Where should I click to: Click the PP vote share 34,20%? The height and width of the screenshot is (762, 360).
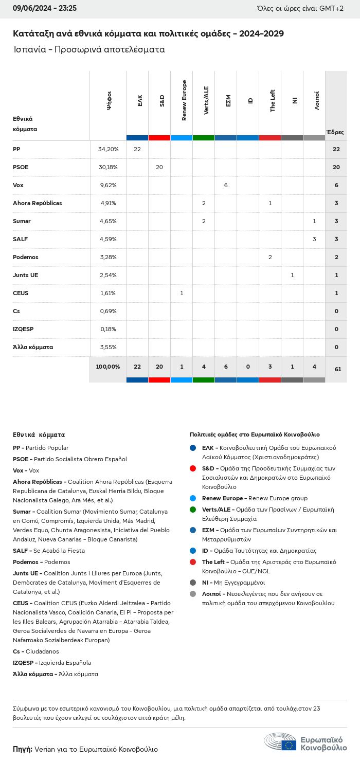(108, 149)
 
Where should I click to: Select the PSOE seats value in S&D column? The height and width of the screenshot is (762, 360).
(159, 167)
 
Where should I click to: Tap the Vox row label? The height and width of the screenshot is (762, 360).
(18, 185)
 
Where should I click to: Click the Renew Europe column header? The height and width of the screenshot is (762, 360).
(184, 101)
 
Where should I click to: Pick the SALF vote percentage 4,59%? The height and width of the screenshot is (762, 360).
(108, 239)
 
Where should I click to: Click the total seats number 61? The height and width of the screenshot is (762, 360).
(337, 369)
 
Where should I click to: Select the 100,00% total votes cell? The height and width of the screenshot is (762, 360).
(108, 367)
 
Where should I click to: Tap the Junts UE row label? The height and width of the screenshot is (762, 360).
(25, 275)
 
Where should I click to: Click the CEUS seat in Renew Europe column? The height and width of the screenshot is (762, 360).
(182, 293)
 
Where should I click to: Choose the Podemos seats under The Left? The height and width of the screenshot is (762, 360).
(270, 257)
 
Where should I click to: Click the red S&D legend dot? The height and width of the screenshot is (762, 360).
(193, 468)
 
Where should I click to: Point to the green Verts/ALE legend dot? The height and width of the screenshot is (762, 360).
(193, 510)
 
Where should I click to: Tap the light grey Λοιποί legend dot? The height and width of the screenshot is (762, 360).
(193, 594)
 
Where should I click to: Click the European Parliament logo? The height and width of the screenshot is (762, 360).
(305, 742)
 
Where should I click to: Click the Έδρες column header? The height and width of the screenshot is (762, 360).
(335, 132)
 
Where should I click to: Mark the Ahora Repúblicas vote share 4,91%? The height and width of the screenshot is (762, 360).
(108, 203)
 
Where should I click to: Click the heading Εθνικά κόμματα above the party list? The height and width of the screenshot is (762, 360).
(39, 435)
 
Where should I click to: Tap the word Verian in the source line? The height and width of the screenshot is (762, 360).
(45, 749)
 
